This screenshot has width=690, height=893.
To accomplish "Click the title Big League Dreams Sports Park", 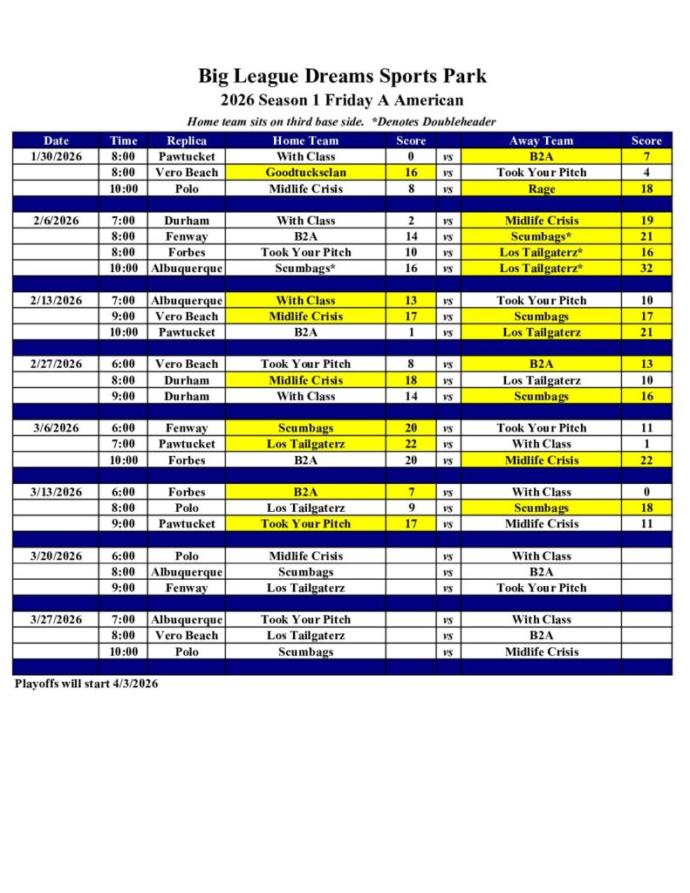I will pos(342,76).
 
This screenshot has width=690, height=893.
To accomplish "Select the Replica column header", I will pos(187,140).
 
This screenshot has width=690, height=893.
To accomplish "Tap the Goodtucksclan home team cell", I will pos(305,173).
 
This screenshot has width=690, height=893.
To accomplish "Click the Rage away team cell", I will pos(541,188).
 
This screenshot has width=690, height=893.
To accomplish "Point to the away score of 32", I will pos(646,269).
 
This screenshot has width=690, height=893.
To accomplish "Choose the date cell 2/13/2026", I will pos(57,301).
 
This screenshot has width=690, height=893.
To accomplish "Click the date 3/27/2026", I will pos(57,620).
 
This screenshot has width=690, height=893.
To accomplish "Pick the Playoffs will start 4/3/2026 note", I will pos(86,685).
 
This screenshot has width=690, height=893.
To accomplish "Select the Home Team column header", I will pos(305,140).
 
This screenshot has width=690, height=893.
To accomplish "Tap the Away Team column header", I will pos(541,140).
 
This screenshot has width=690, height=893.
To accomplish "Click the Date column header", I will pos(57,140).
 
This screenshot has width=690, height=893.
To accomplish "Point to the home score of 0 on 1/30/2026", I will pos(411,157).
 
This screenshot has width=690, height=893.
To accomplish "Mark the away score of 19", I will pos(646,221).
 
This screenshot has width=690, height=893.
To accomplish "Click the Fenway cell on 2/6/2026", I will pos(187,236).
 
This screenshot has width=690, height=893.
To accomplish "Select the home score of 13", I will pos(411,301).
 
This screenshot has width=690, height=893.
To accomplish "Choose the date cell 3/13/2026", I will pos(57,492).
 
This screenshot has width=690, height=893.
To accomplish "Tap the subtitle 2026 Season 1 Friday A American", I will pos(342,100).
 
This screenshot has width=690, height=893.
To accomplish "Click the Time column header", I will pos(124,140).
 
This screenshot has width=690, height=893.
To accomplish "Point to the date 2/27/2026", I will pos(57,365).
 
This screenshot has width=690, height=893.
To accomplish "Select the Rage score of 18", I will pos(646,188).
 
